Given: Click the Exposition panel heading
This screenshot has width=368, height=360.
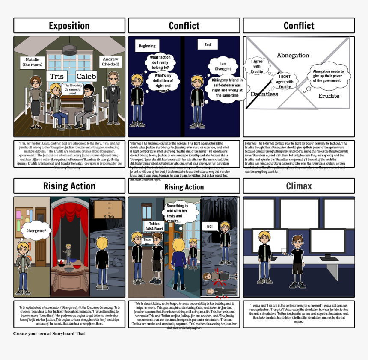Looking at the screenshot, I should click(x=69, y=26).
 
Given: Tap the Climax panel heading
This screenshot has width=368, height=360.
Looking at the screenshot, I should click(x=299, y=186).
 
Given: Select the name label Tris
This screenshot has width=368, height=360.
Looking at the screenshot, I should click(x=56, y=77).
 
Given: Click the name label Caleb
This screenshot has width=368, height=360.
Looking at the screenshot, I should click(x=86, y=77).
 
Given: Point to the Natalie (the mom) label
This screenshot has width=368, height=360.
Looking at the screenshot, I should click(x=32, y=62).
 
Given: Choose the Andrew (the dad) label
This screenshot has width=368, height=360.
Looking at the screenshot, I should click(x=110, y=62).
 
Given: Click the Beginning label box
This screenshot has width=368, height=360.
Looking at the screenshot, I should click(x=147, y=46).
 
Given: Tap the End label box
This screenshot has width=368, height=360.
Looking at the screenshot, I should click(x=208, y=44).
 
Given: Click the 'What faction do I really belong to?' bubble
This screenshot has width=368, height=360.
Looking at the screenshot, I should click(x=160, y=62).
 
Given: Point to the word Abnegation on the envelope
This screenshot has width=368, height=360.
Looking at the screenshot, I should click(x=293, y=55).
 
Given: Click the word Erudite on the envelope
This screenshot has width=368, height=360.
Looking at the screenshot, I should click(x=329, y=96).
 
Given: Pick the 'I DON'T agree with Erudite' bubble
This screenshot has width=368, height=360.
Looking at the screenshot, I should click(x=285, y=82).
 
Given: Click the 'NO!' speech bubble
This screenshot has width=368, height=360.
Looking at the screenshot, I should click(x=210, y=226).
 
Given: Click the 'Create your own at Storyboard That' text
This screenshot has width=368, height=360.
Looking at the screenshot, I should click(x=49, y=333).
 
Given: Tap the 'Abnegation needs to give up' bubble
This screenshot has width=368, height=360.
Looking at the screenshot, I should click(x=328, y=76).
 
